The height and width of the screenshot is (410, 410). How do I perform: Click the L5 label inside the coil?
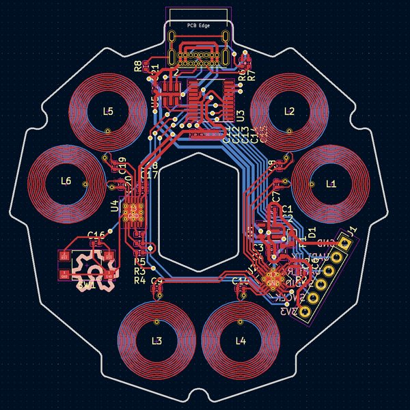coord(108,111)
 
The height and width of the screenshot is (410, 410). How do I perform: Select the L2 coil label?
coord(289,111)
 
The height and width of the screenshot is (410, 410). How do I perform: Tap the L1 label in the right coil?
coord(331,184)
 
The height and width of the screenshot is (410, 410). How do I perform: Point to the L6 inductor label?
coord(66,181)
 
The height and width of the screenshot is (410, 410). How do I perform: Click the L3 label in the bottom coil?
coord(156,341)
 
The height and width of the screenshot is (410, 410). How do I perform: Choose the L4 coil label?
coord(240,341)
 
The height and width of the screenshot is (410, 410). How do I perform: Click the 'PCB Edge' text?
coord(199,26)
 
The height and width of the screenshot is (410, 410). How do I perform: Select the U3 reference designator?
coord(240,114)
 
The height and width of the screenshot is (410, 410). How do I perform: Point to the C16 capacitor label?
coord(97,234)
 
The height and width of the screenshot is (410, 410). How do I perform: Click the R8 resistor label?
coord(138,66)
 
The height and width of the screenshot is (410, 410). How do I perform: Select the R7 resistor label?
coord(251,75)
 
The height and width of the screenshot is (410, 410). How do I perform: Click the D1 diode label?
coord(312,232)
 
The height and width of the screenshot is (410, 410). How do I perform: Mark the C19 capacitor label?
coord(122,164)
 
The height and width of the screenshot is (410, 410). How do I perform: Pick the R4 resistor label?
coord(139,280)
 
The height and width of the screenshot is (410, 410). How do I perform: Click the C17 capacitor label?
coord(149,175)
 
